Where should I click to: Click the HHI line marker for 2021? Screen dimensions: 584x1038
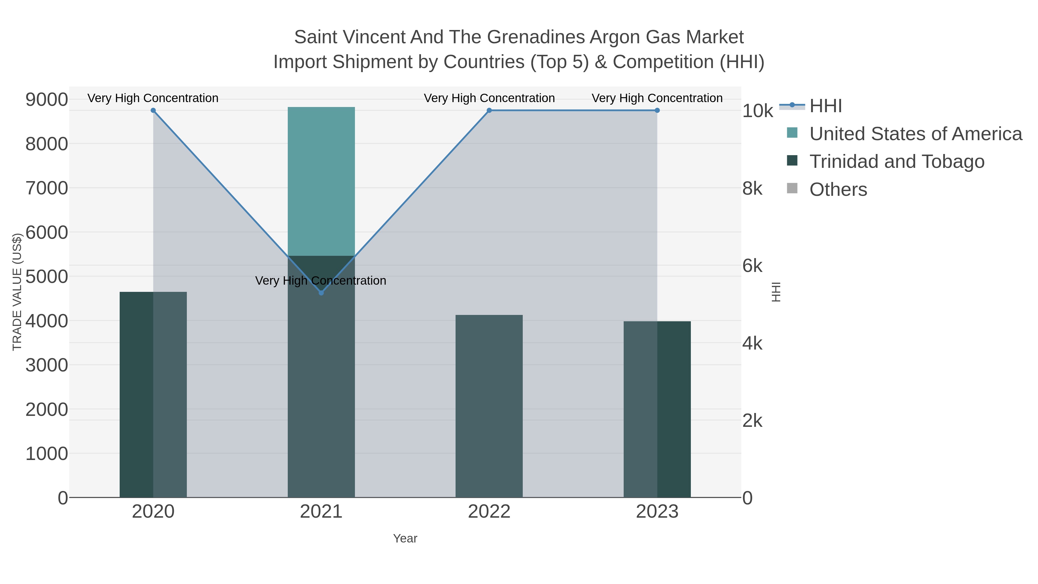(x=321, y=293)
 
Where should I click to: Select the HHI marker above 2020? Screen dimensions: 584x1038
(x=153, y=110)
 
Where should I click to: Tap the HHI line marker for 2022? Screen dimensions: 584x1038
(x=489, y=110)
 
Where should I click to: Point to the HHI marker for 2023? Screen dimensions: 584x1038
(x=657, y=110)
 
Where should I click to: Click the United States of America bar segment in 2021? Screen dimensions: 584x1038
(x=321, y=181)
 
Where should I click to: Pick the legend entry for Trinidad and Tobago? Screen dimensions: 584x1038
(x=896, y=162)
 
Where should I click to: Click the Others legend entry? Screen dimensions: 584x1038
(x=838, y=189)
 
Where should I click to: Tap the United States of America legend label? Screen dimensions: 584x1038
(x=915, y=134)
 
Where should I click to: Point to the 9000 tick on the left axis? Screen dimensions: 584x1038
(x=47, y=99)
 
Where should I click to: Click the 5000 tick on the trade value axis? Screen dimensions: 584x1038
(x=47, y=277)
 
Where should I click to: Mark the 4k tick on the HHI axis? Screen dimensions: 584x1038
(x=752, y=343)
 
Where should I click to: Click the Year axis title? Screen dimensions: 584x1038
(x=405, y=538)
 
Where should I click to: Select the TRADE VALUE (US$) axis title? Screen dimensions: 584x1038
(x=17, y=292)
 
